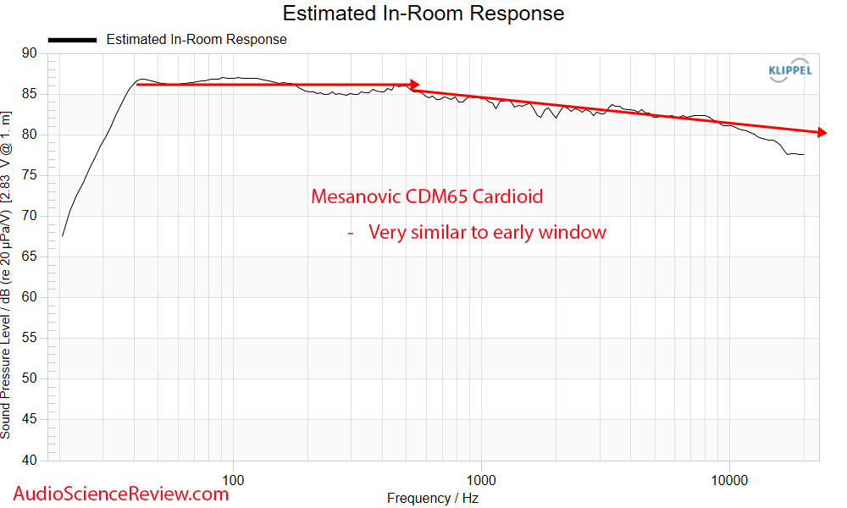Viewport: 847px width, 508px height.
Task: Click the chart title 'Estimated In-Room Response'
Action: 423,14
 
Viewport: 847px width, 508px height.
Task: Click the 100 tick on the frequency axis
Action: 233,481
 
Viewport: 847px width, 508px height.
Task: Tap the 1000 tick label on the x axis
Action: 481,481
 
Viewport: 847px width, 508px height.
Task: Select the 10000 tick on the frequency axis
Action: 729,481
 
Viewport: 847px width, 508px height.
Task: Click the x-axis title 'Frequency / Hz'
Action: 433,499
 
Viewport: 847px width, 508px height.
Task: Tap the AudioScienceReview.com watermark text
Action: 121,493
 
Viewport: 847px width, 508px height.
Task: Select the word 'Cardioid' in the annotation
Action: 506,197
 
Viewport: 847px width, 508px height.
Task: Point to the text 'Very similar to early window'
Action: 487,232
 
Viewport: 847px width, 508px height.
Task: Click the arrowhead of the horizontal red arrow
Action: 415,84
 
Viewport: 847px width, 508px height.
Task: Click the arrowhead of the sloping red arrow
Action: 822,132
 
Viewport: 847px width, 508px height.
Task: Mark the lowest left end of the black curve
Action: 63,236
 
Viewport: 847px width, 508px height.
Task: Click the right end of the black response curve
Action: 804,155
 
